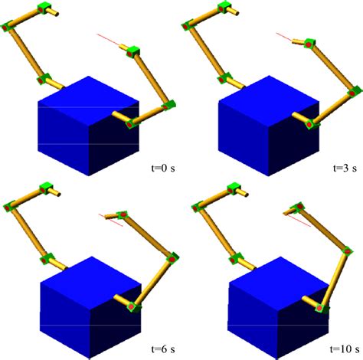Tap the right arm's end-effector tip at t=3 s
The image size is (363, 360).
click(x=308, y=44)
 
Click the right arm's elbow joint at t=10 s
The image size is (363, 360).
click(x=338, y=247)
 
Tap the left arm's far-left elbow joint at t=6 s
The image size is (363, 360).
click(x=9, y=206)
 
